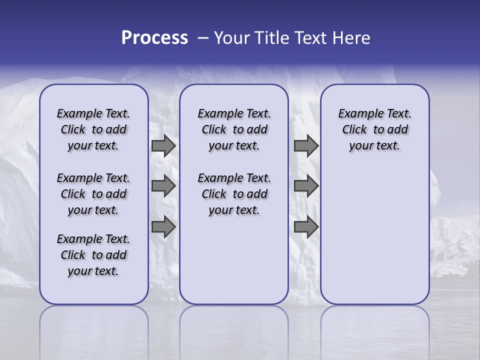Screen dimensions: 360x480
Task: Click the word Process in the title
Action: pos(154,37)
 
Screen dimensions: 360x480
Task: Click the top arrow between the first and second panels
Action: pos(163,145)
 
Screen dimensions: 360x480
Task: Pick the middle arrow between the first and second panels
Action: pos(163,186)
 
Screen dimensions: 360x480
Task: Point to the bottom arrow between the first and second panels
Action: pos(163,227)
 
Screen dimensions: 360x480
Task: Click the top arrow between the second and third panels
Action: pos(306,145)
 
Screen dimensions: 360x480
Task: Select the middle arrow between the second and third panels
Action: pos(306,186)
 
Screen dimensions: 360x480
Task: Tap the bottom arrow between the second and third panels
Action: pos(306,227)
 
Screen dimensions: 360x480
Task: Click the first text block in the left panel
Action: pos(93,129)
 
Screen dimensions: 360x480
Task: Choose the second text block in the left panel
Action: pos(93,194)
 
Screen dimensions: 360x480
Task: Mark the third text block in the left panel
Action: pos(93,255)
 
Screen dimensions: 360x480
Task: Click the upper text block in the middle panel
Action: pos(234,129)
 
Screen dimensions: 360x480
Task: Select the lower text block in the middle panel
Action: pos(234,194)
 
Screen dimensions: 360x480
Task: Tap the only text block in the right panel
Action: pos(374,129)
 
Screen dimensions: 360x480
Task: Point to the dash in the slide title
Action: pos(203,38)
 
